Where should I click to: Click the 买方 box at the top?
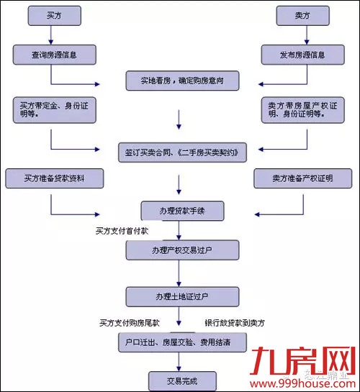point(53,17)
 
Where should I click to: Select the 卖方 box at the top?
point(307,17)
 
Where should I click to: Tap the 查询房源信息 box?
point(53,55)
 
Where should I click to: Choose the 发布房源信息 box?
point(307,55)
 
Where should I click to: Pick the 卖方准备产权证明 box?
point(303,178)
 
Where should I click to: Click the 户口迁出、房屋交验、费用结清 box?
point(182,342)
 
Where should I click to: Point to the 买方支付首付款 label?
point(122,231)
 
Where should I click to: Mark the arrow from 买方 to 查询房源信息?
point(53,35)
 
